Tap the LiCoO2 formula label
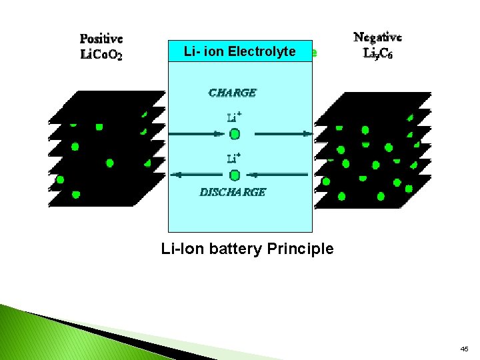pos(101,55)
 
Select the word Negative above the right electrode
pos(377,38)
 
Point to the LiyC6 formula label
pos(377,53)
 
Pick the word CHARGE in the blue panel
pos(232,93)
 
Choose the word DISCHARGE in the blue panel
pos(233,192)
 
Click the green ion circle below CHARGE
pos(235,134)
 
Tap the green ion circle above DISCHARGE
pos(235,175)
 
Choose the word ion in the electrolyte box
pos(203,51)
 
